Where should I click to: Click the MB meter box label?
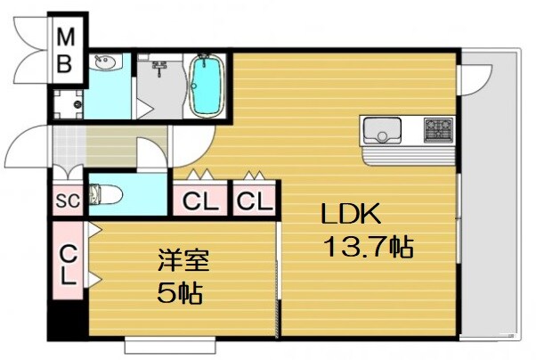click(66, 53)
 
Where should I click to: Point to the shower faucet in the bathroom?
click(161, 67)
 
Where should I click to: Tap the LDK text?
click(351, 215)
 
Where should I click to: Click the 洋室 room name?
click(184, 262)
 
